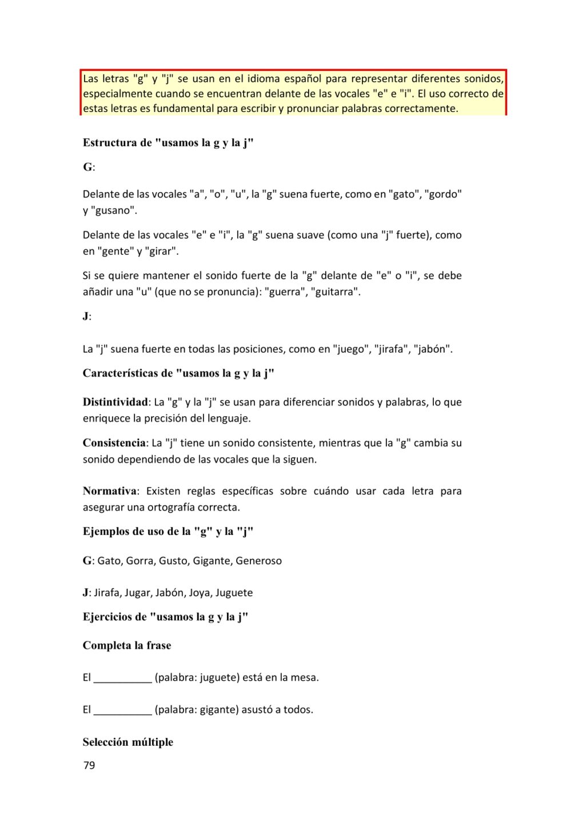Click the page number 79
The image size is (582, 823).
click(89, 765)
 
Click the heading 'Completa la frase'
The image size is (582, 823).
click(127, 645)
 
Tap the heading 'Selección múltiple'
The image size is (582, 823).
click(128, 742)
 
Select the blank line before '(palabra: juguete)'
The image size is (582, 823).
click(123, 679)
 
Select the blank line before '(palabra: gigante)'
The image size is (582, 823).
click(123, 711)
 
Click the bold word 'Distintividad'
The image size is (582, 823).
click(115, 402)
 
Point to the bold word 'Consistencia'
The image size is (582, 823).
click(114, 443)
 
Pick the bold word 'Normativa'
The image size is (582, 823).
click(110, 491)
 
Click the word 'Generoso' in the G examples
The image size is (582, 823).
click(258, 561)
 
